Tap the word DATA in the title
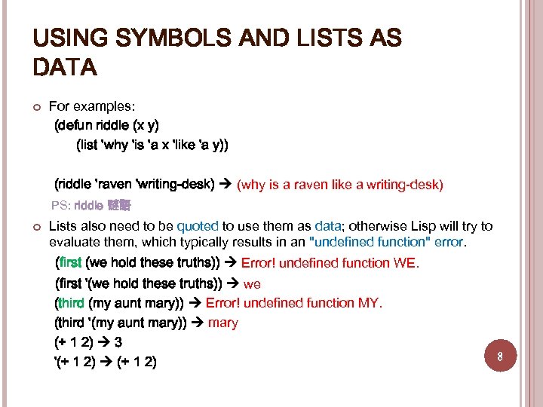66,68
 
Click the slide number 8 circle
500,356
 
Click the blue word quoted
198,226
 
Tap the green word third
71,303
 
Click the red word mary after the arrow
222,323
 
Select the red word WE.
404,263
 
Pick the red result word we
252,283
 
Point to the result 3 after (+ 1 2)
118,342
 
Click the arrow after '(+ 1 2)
107,362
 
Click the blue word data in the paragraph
328,226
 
